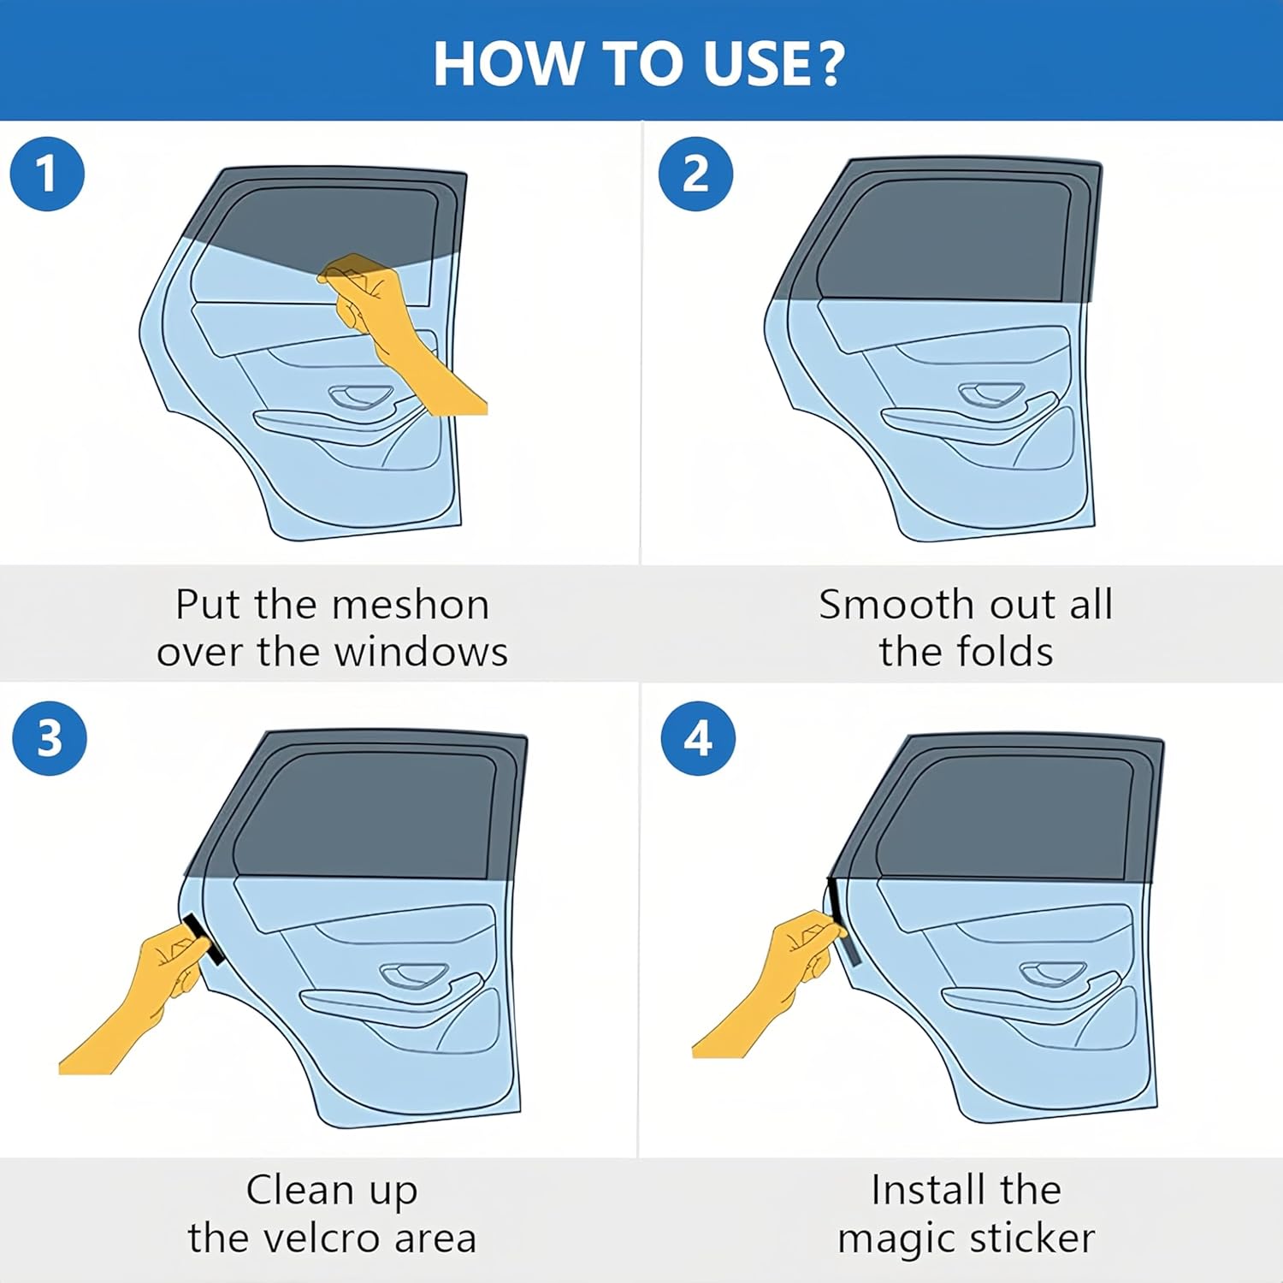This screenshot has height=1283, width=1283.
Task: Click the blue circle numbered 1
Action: [47, 174]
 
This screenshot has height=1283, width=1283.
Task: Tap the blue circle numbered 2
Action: [695, 174]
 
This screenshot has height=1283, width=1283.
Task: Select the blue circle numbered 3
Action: [50, 738]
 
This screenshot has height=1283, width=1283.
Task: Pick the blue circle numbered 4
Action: [698, 738]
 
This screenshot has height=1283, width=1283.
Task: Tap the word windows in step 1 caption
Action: [421, 652]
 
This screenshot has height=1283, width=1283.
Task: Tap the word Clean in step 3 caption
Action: [300, 1190]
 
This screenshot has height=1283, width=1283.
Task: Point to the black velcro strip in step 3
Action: [204, 938]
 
